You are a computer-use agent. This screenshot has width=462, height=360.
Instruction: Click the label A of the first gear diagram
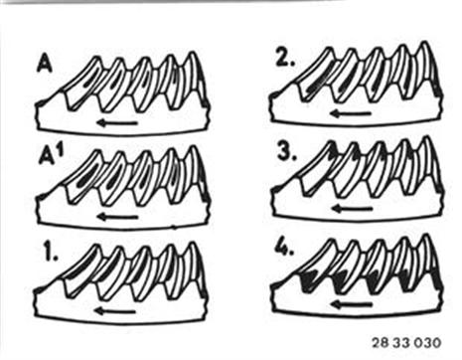[45, 64]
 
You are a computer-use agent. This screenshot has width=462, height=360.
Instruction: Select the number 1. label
[50, 252]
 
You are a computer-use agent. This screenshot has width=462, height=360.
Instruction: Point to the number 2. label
[285, 59]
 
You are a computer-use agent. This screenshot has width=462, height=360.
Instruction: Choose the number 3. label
[287, 152]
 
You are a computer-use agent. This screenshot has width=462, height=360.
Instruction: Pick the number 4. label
[284, 248]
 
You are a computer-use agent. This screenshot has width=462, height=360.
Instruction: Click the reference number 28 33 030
[406, 342]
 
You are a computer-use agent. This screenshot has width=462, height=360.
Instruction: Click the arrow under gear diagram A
[117, 123]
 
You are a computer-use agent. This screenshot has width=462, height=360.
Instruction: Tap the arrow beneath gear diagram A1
[118, 217]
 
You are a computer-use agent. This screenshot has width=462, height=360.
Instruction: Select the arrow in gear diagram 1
[114, 311]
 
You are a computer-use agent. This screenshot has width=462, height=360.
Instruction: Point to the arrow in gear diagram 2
[351, 113]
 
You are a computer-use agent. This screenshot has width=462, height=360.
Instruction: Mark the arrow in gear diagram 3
[352, 209]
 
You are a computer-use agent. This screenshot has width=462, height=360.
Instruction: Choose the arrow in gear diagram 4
[352, 304]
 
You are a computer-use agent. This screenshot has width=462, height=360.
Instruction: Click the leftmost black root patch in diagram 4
[309, 280]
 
